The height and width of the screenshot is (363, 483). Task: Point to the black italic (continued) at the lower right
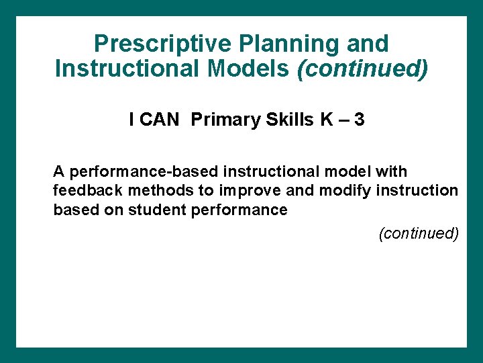click(x=419, y=233)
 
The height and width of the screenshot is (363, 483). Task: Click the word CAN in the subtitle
click(x=160, y=120)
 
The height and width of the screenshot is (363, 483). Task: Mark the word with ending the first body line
click(x=391, y=172)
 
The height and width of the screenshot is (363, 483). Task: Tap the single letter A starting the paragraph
click(x=58, y=172)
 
